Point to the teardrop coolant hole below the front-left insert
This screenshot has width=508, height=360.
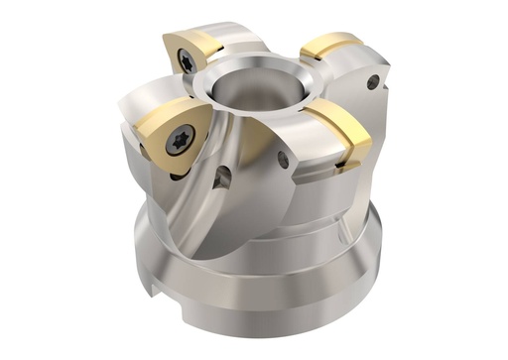pyautogui.click(x=222, y=179)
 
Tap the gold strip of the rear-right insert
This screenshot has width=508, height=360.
pyautogui.click(x=332, y=46)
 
